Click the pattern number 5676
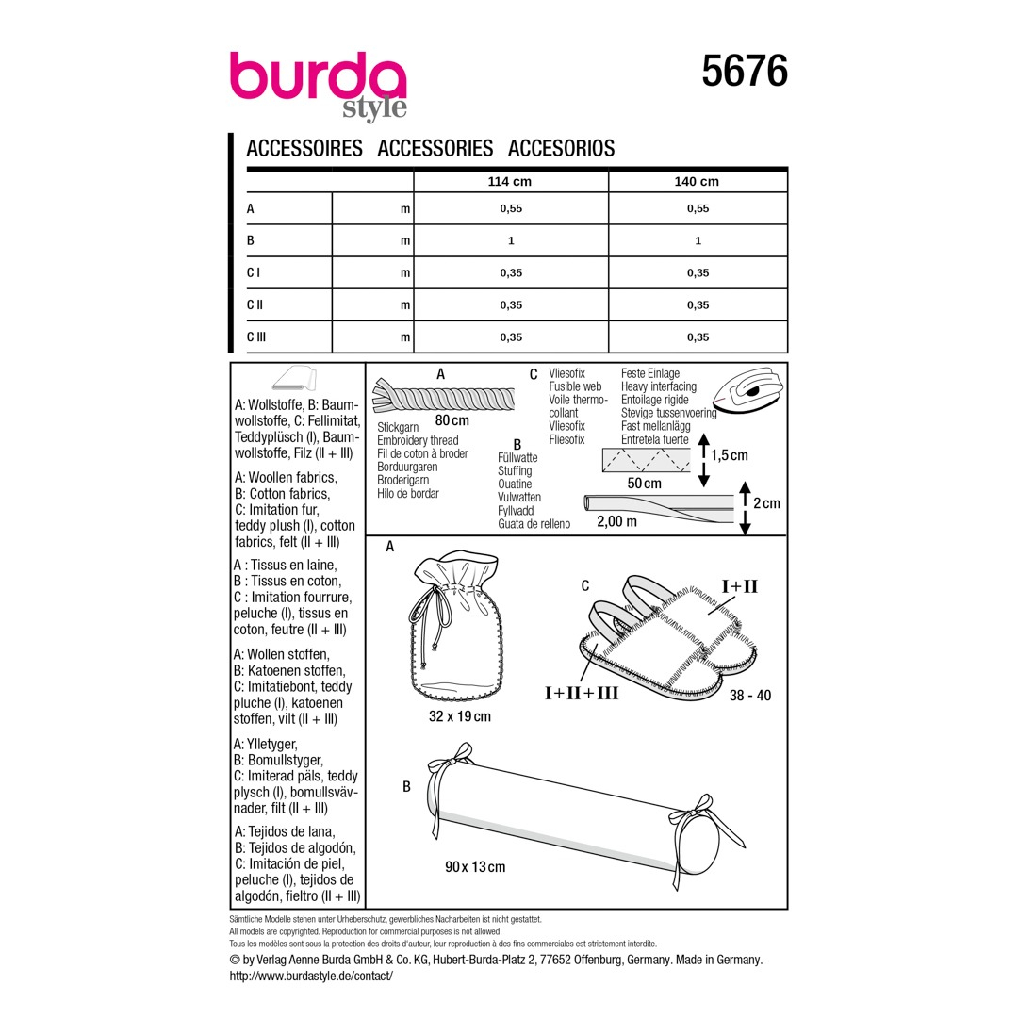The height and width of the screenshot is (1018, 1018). coord(745,71)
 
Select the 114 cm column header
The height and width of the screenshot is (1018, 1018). coord(510,182)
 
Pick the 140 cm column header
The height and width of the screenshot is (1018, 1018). coord(697,182)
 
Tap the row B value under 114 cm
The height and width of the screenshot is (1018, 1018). coord(511,241)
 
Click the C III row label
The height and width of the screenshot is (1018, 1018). coord(256,337)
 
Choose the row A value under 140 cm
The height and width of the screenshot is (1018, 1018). coord(698,208)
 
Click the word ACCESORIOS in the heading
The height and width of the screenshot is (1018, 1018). coord(562,149)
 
